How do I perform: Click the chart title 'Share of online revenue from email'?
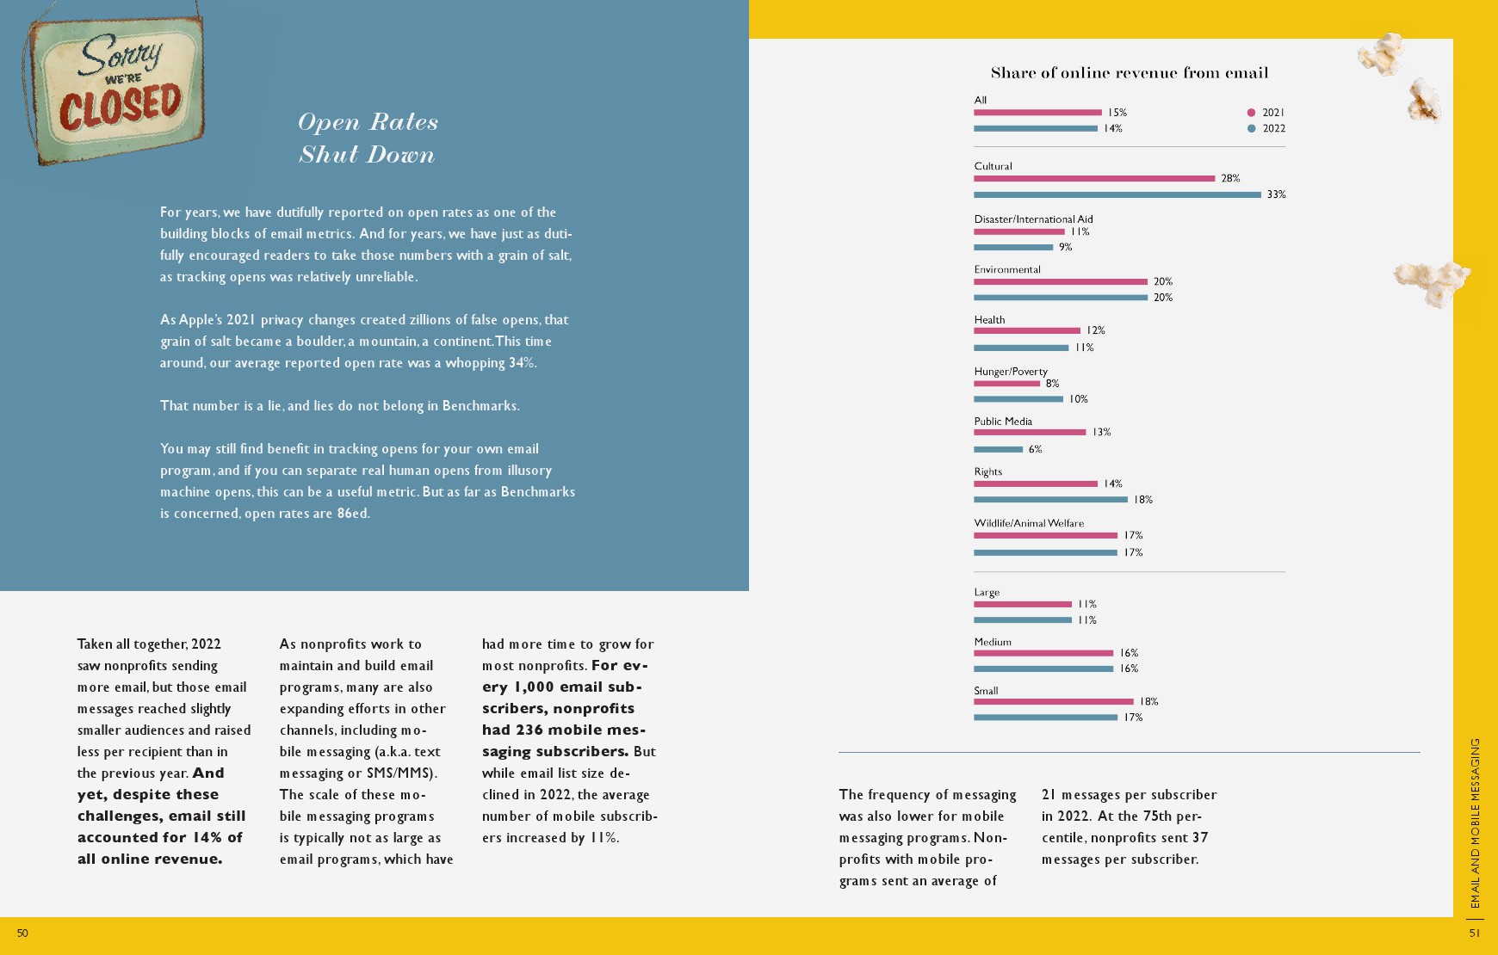[x=1129, y=73]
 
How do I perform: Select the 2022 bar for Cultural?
[x=1117, y=195]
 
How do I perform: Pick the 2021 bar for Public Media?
[x=1030, y=432]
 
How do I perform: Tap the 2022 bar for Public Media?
[x=998, y=449]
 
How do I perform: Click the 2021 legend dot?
[x=1251, y=113]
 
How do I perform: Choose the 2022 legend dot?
[x=1251, y=129]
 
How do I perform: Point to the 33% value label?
[x=1276, y=195]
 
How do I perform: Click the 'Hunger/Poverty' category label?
[x=1011, y=372]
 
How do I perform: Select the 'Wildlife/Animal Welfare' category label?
[x=1029, y=523]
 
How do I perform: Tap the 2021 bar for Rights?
[x=1036, y=484]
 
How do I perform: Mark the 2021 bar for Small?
[x=1054, y=702]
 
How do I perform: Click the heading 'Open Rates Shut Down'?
[x=368, y=139]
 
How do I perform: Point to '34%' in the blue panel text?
[x=522, y=363]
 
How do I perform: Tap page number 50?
[x=22, y=933]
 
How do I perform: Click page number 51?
[x=1475, y=933]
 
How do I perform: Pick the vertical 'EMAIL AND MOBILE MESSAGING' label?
[x=1475, y=823]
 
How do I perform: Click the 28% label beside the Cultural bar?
[x=1230, y=179]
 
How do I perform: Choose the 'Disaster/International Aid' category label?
[x=1033, y=219]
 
